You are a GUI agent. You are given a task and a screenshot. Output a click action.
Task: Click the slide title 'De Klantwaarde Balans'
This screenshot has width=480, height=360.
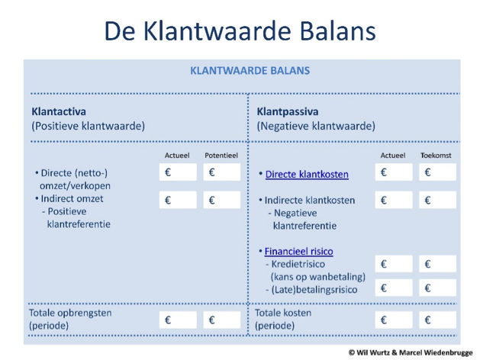tap(240, 31)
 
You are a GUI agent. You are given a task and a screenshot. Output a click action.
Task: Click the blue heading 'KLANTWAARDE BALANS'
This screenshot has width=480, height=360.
tap(250, 71)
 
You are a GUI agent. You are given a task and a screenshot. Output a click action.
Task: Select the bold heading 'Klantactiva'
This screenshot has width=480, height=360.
tap(59, 111)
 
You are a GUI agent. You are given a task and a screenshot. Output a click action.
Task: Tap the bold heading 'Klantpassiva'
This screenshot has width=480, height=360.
tap(288, 111)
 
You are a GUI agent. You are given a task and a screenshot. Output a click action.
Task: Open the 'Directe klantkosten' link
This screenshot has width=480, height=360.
tap(307, 175)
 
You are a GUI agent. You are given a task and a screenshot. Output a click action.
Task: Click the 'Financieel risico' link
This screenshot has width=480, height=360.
tap(299, 252)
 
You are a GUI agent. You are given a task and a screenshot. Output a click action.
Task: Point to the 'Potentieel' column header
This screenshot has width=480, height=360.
tap(221, 156)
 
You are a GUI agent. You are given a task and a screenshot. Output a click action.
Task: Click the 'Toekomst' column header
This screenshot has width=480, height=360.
tap(436, 156)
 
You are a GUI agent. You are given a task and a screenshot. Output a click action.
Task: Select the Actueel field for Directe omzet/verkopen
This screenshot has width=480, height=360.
tap(178, 172)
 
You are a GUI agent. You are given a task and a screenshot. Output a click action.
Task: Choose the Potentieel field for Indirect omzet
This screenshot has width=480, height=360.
tap(222, 200)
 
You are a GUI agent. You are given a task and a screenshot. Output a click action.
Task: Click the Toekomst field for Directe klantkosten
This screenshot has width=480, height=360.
tap(437, 172)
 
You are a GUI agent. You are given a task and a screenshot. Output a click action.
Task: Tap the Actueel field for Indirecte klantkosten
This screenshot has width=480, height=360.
tap(394, 200)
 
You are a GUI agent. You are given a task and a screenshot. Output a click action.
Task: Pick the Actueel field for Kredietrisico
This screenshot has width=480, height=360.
tap(394, 264)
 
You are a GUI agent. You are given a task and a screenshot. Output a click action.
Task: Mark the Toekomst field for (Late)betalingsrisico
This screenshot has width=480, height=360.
tap(437, 288)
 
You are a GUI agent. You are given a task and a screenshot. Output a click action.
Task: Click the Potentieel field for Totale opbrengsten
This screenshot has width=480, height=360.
tap(222, 320)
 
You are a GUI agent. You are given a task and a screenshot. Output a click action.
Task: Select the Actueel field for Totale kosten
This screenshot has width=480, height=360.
tap(394, 320)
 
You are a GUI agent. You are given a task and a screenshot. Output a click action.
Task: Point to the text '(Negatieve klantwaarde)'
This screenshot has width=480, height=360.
tap(316, 126)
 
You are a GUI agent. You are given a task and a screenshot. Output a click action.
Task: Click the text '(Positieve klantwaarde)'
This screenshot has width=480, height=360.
tap(89, 126)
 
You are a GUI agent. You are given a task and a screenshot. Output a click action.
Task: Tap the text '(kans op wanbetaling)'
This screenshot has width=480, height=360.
tap(318, 277)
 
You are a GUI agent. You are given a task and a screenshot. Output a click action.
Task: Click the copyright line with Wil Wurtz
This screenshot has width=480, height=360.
tap(411, 352)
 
